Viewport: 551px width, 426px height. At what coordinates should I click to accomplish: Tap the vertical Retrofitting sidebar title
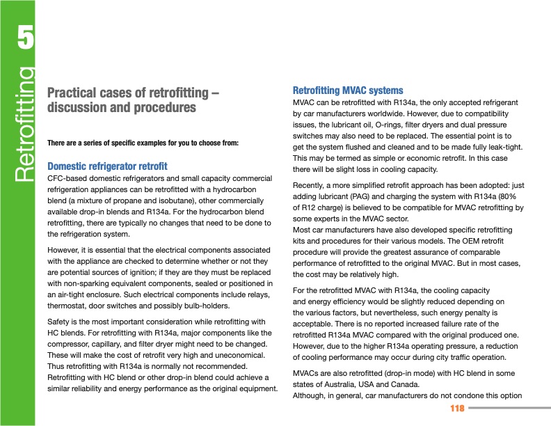pos(24,124)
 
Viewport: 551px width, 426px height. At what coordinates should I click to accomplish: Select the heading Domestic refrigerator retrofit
pos(107,166)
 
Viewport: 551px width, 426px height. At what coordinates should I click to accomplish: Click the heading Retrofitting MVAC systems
pos(348,90)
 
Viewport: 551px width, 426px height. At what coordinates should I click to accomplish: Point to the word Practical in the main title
pos(75,93)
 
